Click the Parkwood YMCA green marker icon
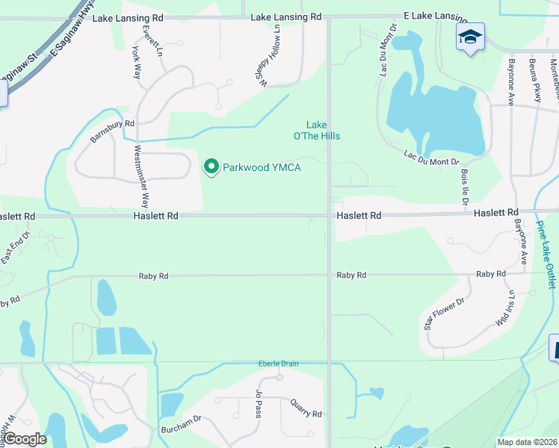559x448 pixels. (211, 167)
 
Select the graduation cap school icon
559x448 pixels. (470, 37)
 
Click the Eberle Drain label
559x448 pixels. (279, 364)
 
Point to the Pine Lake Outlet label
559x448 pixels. (547, 255)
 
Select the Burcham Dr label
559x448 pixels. (181, 429)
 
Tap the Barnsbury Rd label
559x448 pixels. (112, 132)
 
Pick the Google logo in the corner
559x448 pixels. (25, 439)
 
